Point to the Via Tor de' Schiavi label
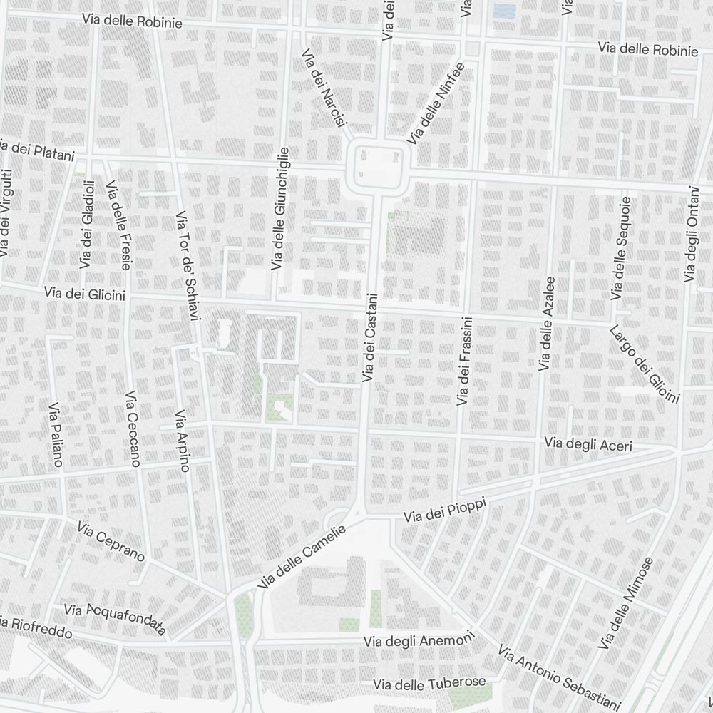(x=188, y=265)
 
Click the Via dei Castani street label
(x=369, y=338)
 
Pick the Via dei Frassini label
(x=464, y=363)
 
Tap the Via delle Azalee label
(x=546, y=324)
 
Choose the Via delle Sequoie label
(x=619, y=247)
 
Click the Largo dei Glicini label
(x=644, y=364)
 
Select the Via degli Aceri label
(x=588, y=443)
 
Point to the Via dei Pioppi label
(x=445, y=511)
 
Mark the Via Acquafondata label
(x=115, y=618)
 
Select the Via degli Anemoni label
(x=419, y=641)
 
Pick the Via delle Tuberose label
(x=433, y=684)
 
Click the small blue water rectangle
(x=504, y=11)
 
